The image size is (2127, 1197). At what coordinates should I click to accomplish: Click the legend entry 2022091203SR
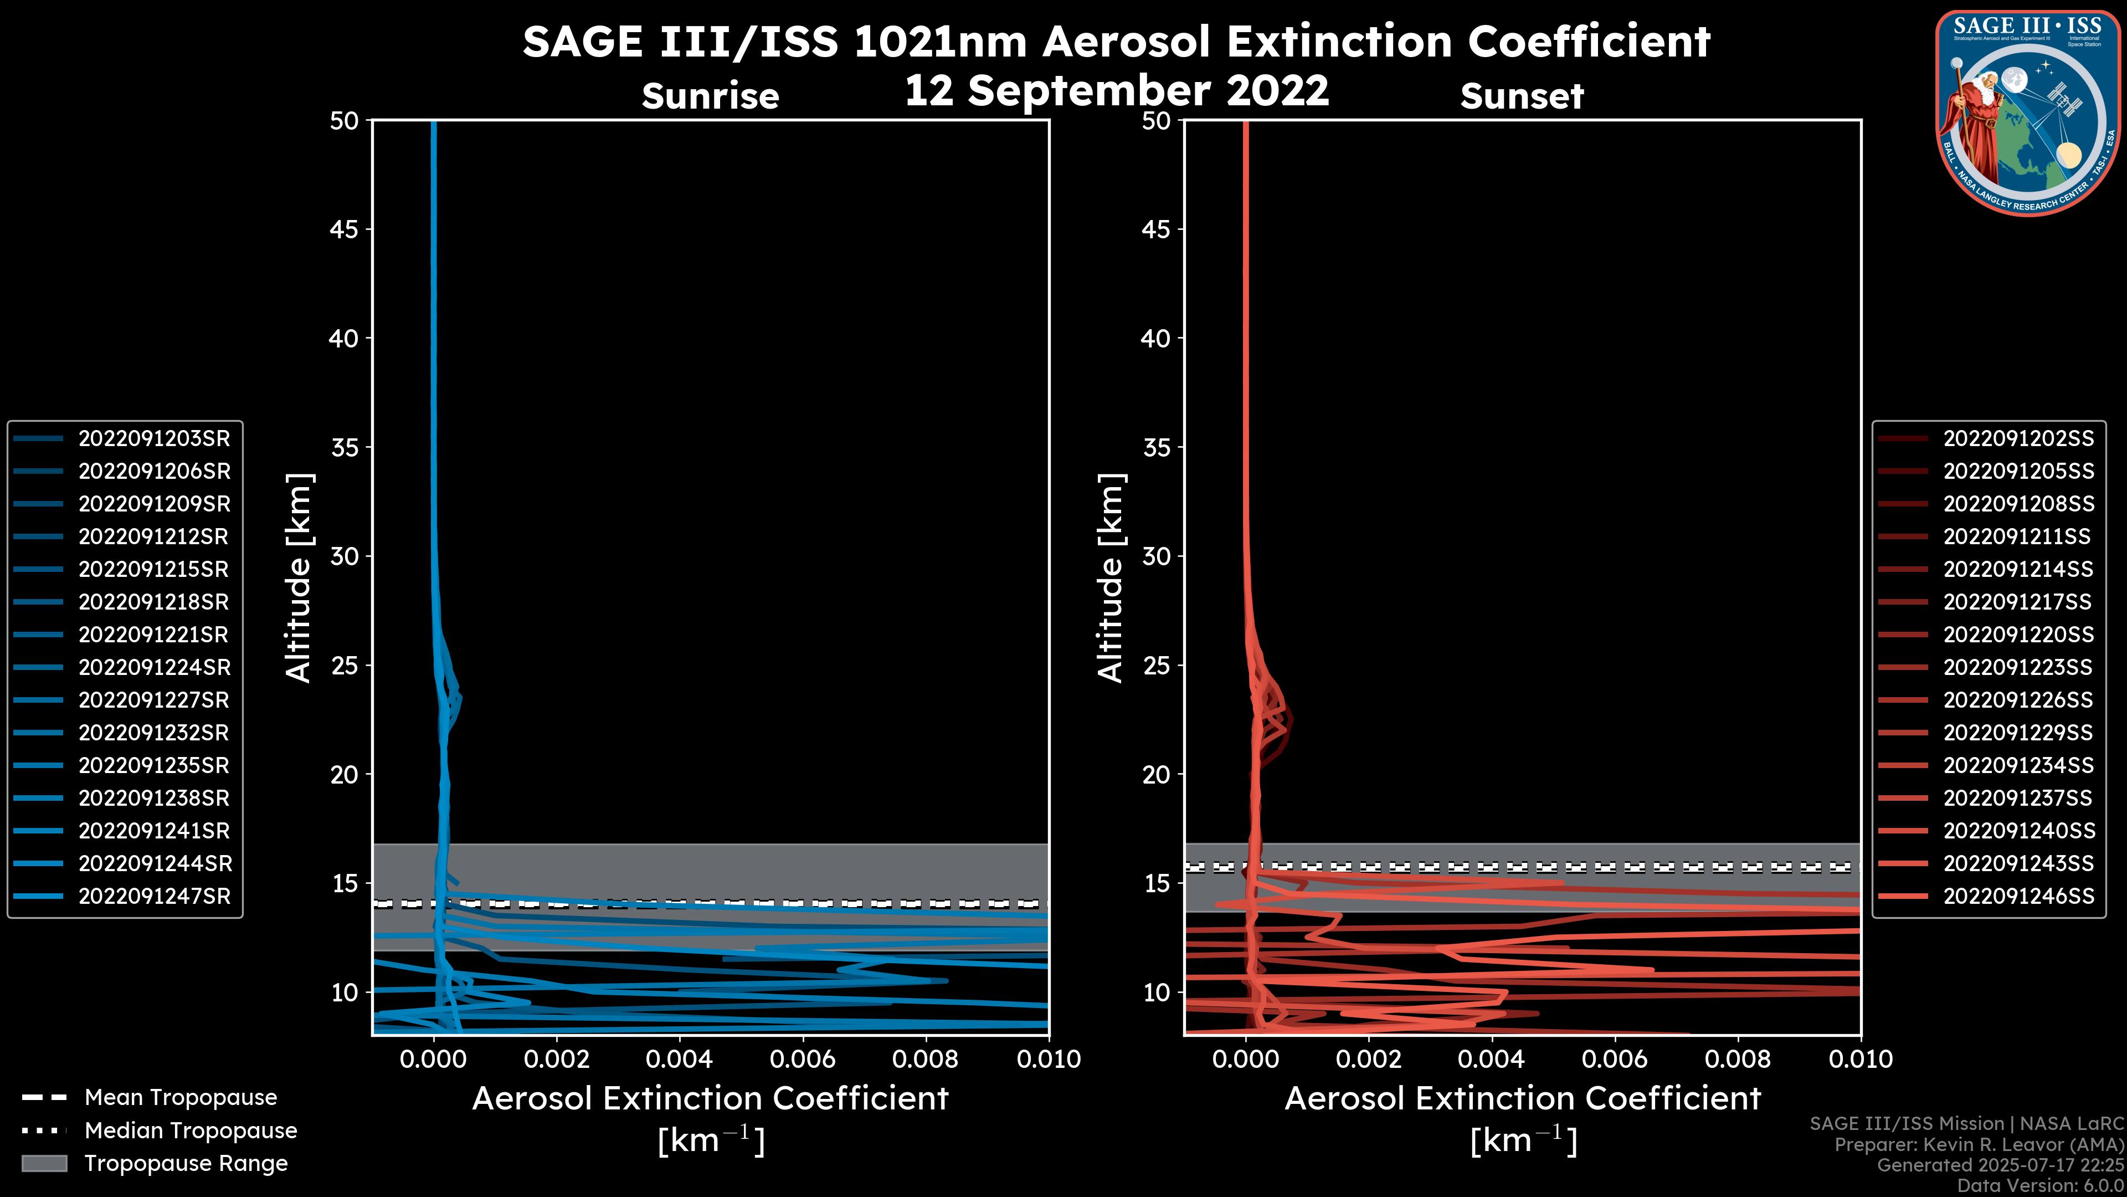click(x=153, y=439)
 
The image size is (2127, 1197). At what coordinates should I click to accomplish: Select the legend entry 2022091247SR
click(x=153, y=896)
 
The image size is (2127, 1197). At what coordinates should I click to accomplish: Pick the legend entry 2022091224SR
click(x=153, y=667)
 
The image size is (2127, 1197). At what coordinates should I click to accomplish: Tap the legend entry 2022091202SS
click(x=2018, y=439)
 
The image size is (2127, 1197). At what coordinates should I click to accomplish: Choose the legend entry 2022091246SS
click(x=2018, y=896)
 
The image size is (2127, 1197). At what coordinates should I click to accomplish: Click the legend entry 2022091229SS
click(x=2018, y=733)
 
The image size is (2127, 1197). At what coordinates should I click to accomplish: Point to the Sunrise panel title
click(x=710, y=96)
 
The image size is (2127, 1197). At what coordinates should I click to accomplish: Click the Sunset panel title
click(x=1521, y=96)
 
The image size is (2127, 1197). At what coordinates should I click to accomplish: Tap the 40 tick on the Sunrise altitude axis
click(x=343, y=338)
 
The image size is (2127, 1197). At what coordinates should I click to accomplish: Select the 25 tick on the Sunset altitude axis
click(x=1156, y=665)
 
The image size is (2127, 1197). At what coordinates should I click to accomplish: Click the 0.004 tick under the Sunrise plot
click(x=680, y=1059)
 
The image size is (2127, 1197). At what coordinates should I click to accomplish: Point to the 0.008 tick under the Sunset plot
click(x=1738, y=1059)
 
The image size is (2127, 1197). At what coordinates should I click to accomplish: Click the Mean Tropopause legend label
click(x=180, y=1098)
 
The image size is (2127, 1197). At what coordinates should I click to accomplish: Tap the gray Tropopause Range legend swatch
click(x=44, y=1163)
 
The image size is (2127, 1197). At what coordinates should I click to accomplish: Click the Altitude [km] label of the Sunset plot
click(x=1111, y=577)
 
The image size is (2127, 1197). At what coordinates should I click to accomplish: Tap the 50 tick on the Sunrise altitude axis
click(x=343, y=121)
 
